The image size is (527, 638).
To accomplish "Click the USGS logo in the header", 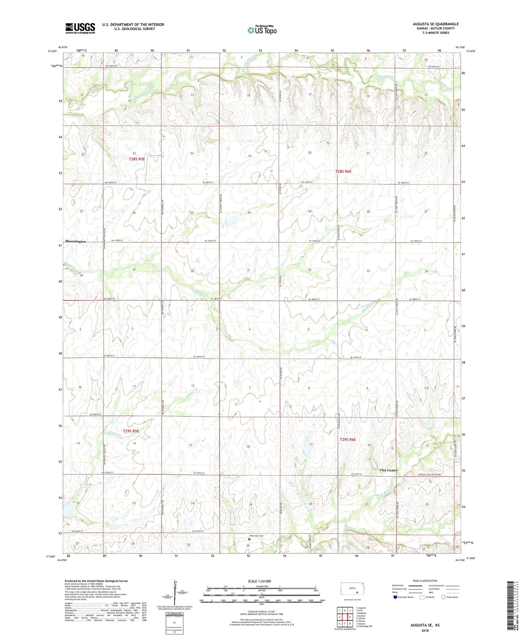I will pos(80,28).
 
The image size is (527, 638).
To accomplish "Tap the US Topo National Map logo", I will pos(262,30).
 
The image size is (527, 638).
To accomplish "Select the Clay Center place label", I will pos(389,470).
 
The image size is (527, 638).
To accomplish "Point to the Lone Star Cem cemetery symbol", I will pos(249,539).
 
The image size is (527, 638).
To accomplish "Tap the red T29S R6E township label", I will pos(348,440).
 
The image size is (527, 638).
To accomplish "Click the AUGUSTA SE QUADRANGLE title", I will pos(436,24).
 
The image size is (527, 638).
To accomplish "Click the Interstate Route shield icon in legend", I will pos(395,597).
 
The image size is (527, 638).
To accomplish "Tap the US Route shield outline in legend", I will pos(422,597).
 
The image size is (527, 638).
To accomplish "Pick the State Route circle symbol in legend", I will pos(443,597).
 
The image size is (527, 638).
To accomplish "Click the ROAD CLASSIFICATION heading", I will pos(425,581).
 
